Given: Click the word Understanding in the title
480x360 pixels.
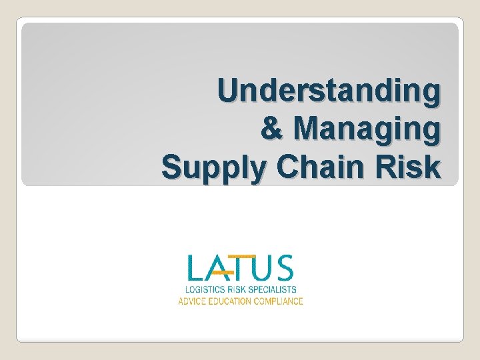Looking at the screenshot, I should (x=329, y=91).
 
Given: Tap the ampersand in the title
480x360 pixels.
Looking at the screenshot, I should (x=273, y=128).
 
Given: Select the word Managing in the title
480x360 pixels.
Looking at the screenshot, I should (x=367, y=128).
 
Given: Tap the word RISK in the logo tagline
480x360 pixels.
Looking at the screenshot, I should (x=237, y=290).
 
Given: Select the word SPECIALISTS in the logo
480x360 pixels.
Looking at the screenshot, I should (x=273, y=290).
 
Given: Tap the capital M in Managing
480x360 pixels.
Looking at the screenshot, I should (x=303, y=128).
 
